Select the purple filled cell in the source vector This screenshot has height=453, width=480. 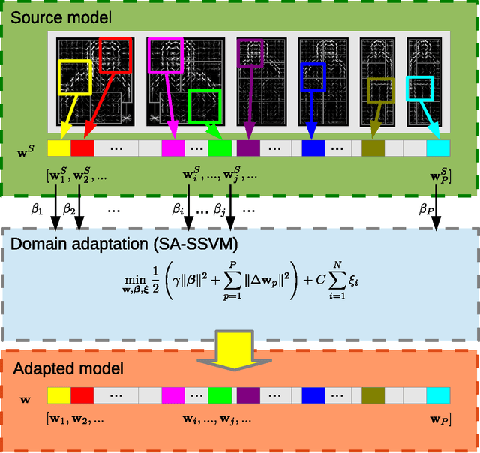pyautogui.click(x=248, y=148)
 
